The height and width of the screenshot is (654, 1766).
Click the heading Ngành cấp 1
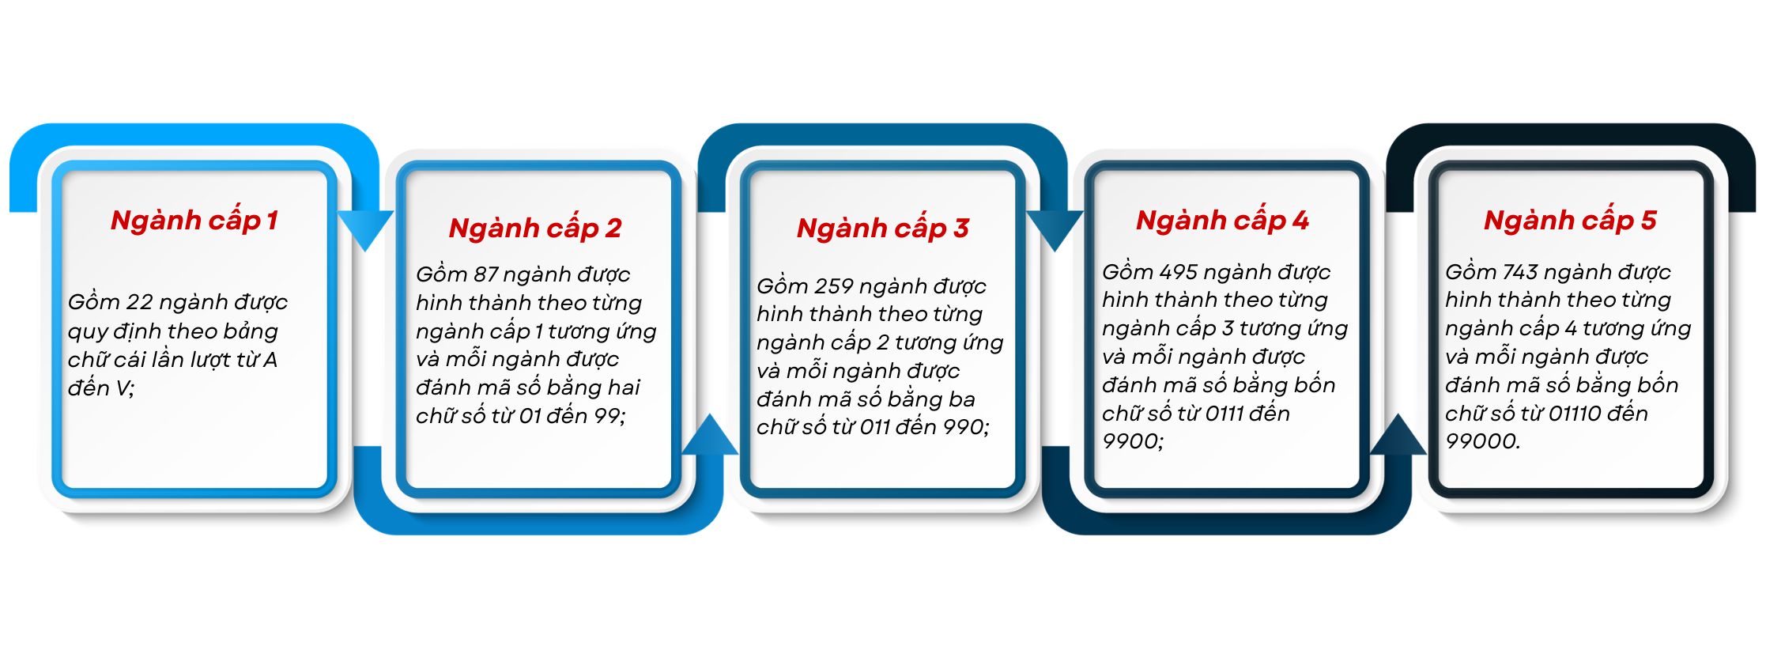pos(194,221)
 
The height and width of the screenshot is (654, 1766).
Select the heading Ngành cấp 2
pos(535,229)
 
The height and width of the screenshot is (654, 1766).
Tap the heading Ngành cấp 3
pos(883,229)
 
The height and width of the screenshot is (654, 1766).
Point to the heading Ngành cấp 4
pos(1222,221)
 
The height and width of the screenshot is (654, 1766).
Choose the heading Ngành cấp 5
pos(1570,221)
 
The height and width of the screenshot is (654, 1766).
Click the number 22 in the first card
pos(139,302)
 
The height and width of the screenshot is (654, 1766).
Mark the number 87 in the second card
pos(485,274)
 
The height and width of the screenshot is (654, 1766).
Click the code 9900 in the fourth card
pos(1130,441)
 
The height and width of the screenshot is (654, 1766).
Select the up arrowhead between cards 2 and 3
pos(710,434)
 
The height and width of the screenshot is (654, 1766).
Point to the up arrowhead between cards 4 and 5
pos(1398,434)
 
